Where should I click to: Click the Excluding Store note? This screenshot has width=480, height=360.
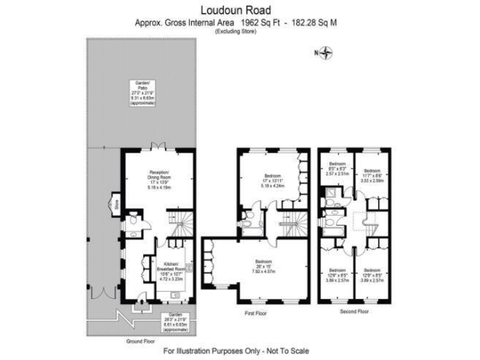coord(236,31)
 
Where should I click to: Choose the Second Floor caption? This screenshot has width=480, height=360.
coord(354,311)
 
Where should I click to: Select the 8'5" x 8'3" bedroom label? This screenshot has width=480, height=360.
coord(336,169)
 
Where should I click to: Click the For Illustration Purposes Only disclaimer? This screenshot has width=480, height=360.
coord(236,351)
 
